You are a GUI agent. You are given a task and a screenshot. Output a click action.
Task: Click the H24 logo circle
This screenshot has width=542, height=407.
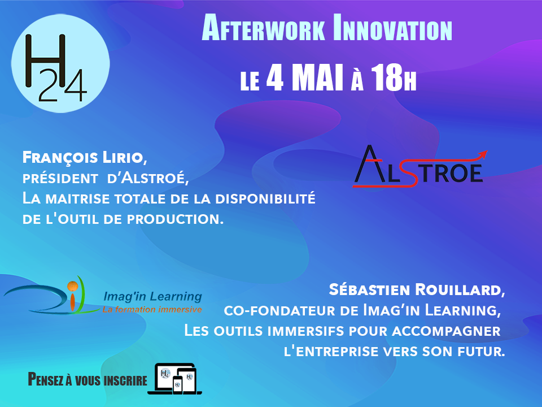pos(60,63)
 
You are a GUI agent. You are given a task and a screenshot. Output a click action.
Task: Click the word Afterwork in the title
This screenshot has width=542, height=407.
pos(263,29)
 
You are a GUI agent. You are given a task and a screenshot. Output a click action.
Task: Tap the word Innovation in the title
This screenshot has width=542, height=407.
pos(392,29)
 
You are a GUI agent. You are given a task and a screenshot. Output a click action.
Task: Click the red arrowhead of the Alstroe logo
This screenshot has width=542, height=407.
pos(483,154)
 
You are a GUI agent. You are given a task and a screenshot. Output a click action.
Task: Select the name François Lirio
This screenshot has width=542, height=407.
pos(85,158)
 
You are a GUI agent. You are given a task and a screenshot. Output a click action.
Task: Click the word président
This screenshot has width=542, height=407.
pos(60,178)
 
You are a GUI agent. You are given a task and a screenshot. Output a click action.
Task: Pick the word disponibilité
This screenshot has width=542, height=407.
pos(265,198)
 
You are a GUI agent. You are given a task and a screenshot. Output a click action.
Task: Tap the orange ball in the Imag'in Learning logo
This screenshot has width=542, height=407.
pos(72,286)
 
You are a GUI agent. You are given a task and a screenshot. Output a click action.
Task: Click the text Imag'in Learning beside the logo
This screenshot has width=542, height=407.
pos(152,297)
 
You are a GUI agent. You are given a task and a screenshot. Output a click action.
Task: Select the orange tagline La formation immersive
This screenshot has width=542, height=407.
pos(152,309)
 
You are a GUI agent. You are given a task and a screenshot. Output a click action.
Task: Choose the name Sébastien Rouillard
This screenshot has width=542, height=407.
pos(417,289)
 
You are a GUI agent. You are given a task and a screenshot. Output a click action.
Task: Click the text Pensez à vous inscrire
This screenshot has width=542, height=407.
pos(88,380)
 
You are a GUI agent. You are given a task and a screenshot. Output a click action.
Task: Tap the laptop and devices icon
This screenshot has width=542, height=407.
pos(175,379)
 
